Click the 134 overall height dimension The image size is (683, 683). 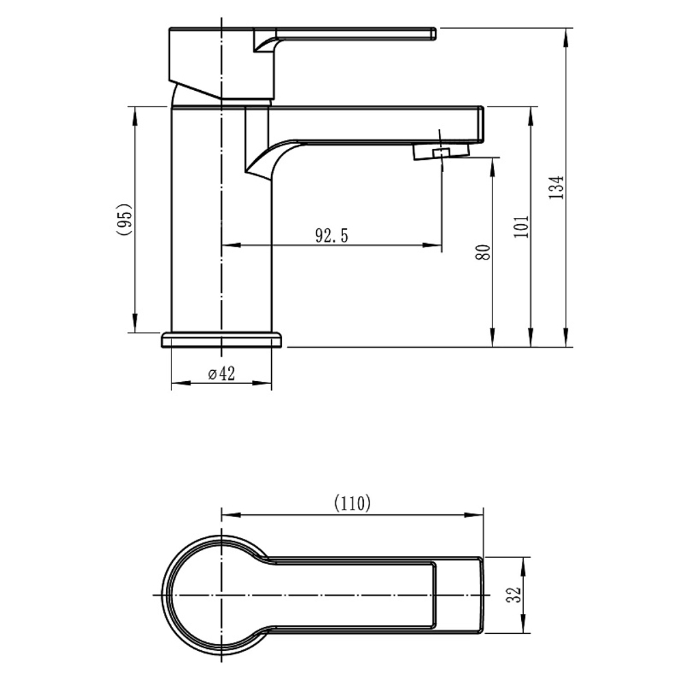point(556,187)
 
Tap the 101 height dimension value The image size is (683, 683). point(521,226)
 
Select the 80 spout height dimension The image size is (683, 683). point(483,252)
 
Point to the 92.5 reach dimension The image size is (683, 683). point(332,236)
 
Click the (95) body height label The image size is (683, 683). point(124,219)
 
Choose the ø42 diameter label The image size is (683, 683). point(221,374)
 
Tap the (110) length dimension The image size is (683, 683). point(352,503)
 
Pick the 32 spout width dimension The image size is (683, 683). point(514,595)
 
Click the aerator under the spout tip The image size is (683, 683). point(441,152)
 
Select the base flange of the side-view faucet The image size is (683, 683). point(222,340)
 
